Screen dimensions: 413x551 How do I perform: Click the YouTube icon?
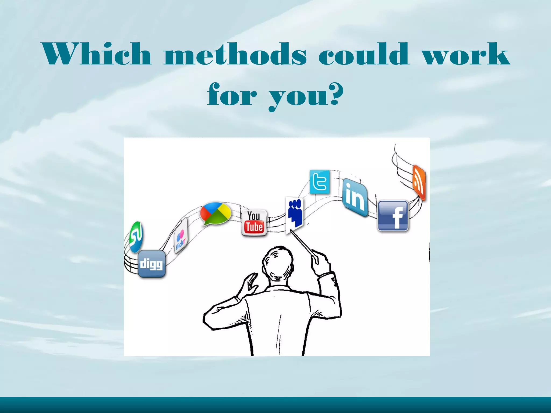(x=254, y=223)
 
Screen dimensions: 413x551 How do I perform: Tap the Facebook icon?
(x=393, y=216)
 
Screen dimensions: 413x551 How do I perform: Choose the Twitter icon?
(x=320, y=182)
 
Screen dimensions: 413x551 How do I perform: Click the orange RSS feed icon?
(x=419, y=183)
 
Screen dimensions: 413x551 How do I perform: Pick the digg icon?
(x=151, y=264)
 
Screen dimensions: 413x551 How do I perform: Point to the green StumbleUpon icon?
(x=136, y=237)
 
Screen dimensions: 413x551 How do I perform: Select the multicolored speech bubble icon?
(x=216, y=213)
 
